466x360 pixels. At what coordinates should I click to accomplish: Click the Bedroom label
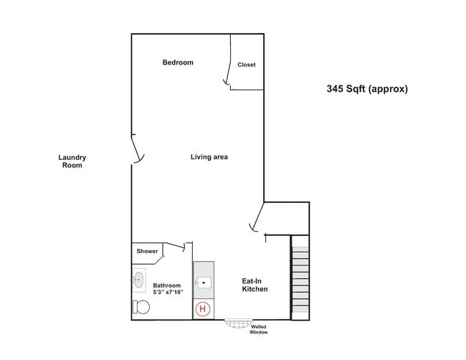point(178,62)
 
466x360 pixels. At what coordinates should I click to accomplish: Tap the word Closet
point(247,65)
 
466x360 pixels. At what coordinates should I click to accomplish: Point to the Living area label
point(209,157)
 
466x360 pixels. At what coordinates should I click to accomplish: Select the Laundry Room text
point(72,161)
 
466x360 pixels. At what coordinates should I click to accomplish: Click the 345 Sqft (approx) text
point(367,90)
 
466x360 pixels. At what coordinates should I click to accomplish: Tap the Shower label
point(147,251)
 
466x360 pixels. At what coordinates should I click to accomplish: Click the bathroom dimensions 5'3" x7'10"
point(168,293)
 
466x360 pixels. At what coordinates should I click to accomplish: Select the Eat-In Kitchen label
point(255,285)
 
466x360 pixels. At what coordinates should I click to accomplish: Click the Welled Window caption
point(259,330)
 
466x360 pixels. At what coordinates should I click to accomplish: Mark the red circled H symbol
point(204,309)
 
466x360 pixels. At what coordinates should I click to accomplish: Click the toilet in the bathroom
point(141,308)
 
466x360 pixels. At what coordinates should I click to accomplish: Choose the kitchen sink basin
point(204,282)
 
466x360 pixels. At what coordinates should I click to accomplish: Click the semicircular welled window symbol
point(238,323)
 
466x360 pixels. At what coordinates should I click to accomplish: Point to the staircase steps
point(300,282)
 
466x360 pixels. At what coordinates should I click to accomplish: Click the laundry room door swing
point(138,151)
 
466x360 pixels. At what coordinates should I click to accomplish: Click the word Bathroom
point(167,285)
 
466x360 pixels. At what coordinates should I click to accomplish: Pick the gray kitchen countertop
point(204,269)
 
